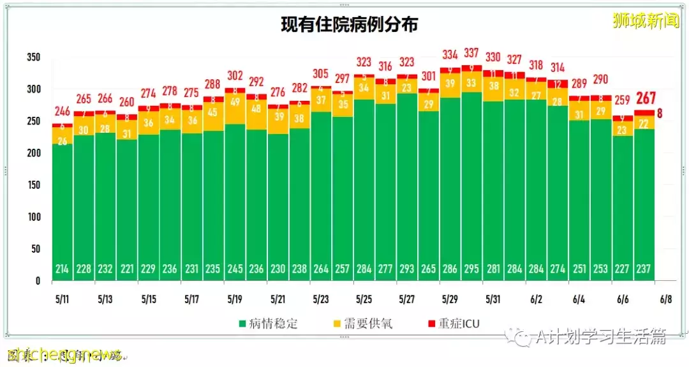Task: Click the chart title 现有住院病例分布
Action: [x=350, y=25]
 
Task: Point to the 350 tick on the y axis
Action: [x=33, y=57]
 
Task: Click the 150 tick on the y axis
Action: [x=33, y=185]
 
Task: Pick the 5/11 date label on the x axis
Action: [x=62, y=299]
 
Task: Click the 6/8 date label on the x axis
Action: [x=665, y=299]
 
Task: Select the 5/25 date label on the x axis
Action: [x=364, y=299]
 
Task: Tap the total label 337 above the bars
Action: [x=472, y=53]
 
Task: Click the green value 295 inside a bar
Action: [x=472, y=269]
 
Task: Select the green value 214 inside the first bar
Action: [x=62, y=269]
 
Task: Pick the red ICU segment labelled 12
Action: [x=558, y=84]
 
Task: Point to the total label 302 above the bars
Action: [x=235, y=75]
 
